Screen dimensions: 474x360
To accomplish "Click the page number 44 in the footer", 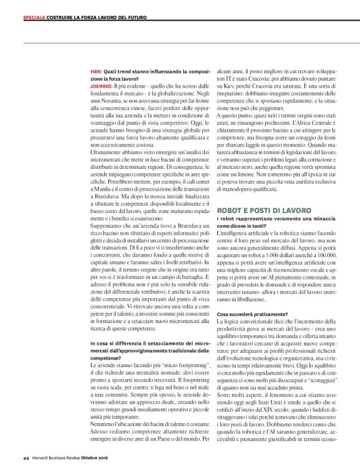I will click(x=25, y=458).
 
